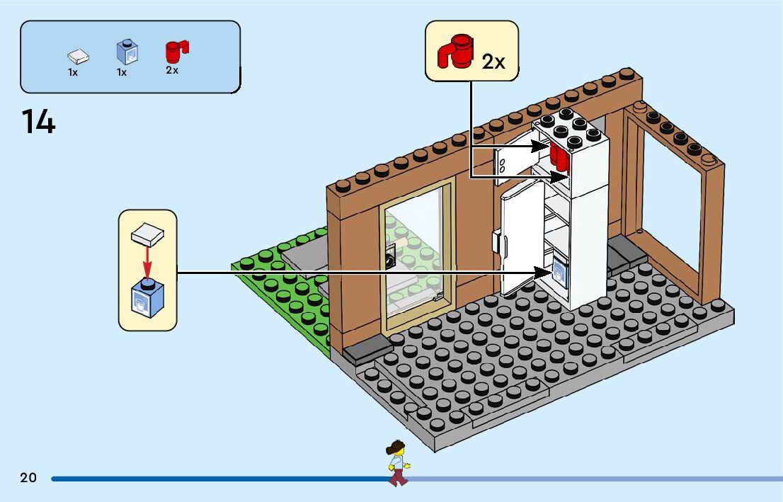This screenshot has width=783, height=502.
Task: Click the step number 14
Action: (38, 121)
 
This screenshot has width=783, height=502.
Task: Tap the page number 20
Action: (28, 478)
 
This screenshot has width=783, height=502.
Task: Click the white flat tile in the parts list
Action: (79, 56)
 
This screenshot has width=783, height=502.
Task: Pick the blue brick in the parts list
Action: (127, 52)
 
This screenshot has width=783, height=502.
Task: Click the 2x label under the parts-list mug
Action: (172, 71)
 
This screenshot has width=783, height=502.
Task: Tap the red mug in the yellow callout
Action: (455, 51)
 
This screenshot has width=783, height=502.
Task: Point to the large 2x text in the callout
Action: (493, 62)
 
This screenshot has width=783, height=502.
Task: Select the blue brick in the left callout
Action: (147, 300)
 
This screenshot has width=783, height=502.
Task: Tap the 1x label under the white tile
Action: (73, 72)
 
